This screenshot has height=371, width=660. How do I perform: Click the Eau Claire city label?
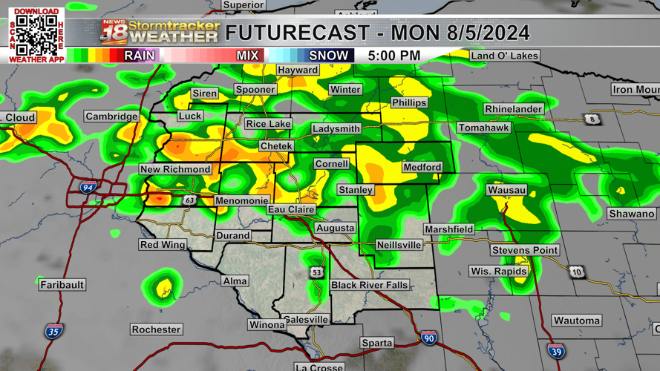click(x=291, y=210)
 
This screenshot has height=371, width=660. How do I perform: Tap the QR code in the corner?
click(x=36, y=34)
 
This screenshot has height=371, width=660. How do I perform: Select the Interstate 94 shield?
click(x=88, y=188)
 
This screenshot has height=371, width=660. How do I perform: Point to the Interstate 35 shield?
click(x=53, y=331)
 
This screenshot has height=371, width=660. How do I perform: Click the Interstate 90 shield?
click(x=428, y=338)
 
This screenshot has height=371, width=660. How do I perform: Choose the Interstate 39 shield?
click(x=556, y=351)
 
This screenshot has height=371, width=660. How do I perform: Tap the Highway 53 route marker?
click(x=317, y=272)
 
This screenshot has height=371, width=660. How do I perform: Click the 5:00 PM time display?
click(x=393, y=56)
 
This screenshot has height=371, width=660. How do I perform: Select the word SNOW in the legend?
click(x=328, y=56)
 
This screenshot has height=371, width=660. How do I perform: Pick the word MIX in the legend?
click(x=247, y=56)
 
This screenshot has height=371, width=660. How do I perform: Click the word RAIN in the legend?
click(x=140, y=56)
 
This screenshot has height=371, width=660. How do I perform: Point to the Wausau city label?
click(x=506, y=191)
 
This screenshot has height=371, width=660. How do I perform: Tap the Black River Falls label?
click(x=369, y=285)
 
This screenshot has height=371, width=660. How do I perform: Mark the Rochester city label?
click(x=156, y=329)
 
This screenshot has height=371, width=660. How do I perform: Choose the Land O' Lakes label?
click(x=504, y=56)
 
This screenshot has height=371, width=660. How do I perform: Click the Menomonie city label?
click(x=241, y=201)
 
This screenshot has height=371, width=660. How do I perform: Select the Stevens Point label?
click(x=524, y=250)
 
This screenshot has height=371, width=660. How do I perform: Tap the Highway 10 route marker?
click(x=576, y=272)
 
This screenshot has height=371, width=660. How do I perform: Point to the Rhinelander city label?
click(x=513, y=109)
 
